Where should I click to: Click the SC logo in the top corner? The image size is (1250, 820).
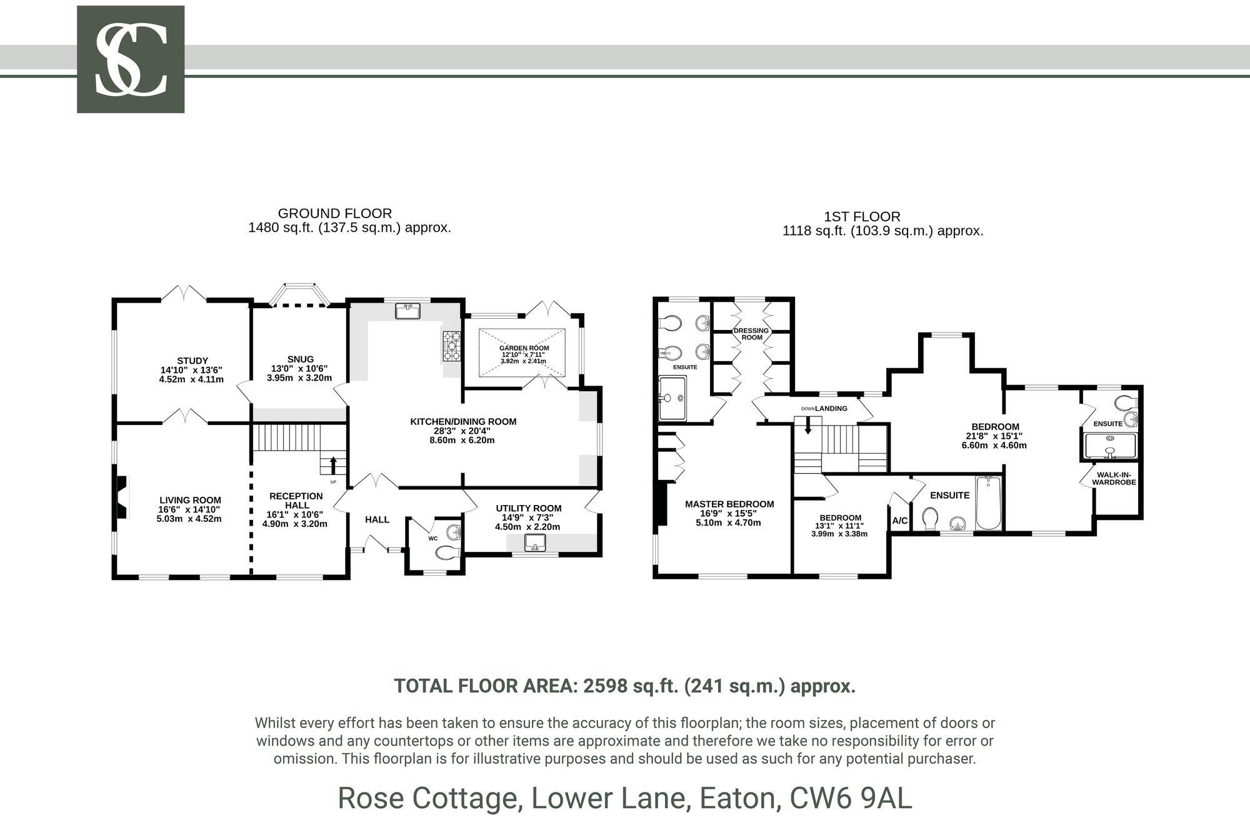pyautogui.click(x=131, y=59)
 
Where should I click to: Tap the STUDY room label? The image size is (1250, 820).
pyautogui.click(x=192, y=361)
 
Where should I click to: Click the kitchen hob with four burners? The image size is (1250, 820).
pyautogui.click(x=452, y=346)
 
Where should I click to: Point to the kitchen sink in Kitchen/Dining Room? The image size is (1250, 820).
pyautogui.click(x=408, y=310)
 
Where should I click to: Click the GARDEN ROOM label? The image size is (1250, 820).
pyautogui.click(x=524, y=348)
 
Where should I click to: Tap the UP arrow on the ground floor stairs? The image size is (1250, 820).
pyautogui.click(x=332, y=465)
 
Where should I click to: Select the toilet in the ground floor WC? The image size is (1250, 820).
pyautogui.click(x=447, y=552)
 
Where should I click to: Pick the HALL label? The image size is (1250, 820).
pyautogui.click(x=377, y=519)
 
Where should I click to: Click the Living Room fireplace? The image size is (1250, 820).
pyautogui.click(x=122, y=497)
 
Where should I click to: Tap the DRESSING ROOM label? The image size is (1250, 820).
pyautogui.click(x=752, y=334)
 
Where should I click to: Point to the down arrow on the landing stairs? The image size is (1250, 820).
pyautogui.click(x=808, y=424)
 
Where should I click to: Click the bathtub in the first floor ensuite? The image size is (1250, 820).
pyautogui.click(x=988, y=502)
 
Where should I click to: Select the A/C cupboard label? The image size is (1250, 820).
pyautogui.click(x=900, y=521)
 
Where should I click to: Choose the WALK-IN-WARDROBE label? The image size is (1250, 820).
pyautogui.click(x=1114, y=478)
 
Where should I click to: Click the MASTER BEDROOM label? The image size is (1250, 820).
pyautogui.click(x=729, y=504)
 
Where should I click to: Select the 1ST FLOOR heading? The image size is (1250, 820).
pyautogui.click(x=862, y=217)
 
